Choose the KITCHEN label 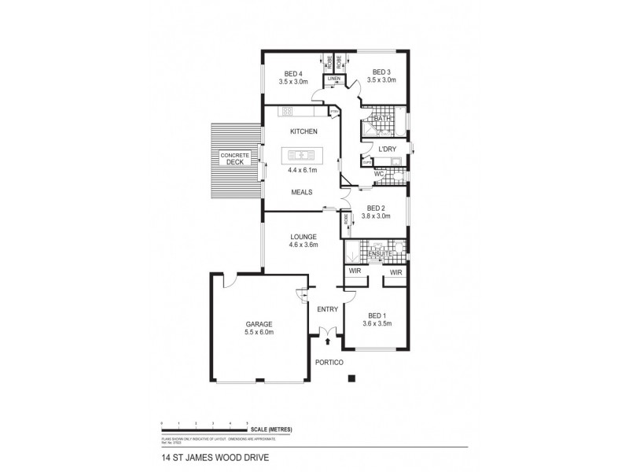[303, 131]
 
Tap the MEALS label [303, 192]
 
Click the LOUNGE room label [303, 236]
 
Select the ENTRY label [327, 309]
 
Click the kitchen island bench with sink [303, 154]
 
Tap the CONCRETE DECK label [235, 159]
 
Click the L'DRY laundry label [387, 149]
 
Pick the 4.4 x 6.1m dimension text [303, 170]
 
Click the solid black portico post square [352, 378]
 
